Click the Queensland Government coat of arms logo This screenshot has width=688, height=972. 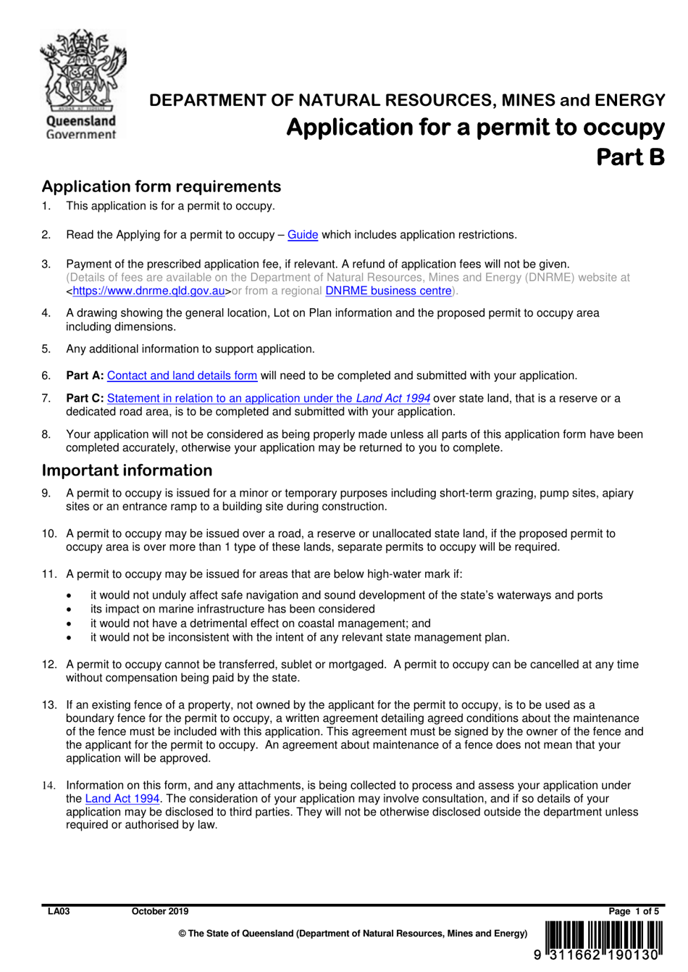[x=82, y=83]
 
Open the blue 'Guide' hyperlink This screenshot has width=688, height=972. [x=303, y=235]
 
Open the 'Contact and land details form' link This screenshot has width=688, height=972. [x=182, y=375]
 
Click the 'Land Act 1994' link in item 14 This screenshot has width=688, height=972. [x=122, y=799]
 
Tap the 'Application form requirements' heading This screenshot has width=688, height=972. [x=161, y=186]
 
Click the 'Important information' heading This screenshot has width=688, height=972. [x=127, y=470]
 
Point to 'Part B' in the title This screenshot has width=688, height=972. [x=629, y=157]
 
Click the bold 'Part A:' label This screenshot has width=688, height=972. [x=85, y=375]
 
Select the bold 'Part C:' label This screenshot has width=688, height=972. [x=85, y=398]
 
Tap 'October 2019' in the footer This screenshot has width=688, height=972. [x=159, y=911]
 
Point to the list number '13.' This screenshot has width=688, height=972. [x=49, y=705]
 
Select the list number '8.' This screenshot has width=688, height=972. [x=46, y=434]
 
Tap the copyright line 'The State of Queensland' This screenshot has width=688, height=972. [x=353, y=934]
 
